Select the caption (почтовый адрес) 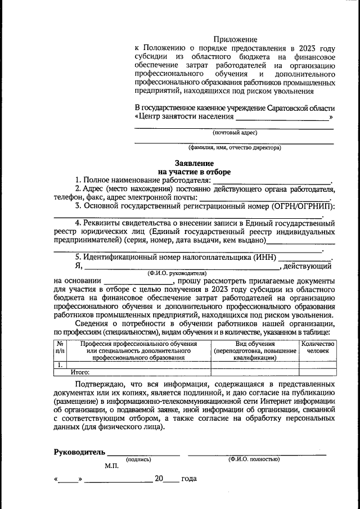pyautogui.click(x=235, y=133)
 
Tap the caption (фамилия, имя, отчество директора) pyautogui.click(x=235, y=148)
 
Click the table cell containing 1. pyautogui.click(x=60, y=364)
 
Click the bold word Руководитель pyautogui.click(x=79, y=452)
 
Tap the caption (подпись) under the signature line pyautogui.click(x=139, y=460)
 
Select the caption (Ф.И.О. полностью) pyautogui.click(x=254, y=460)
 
